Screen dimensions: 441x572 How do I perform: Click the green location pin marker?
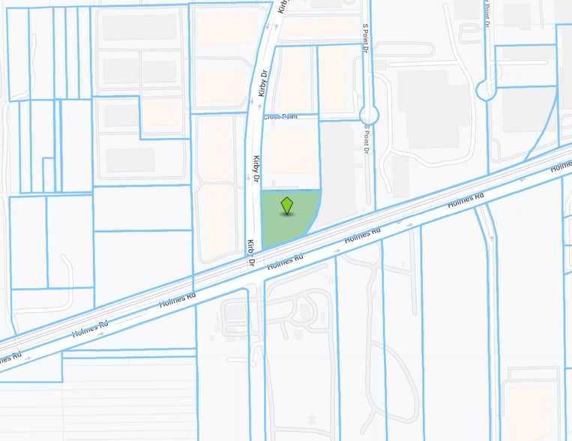click(287, 205)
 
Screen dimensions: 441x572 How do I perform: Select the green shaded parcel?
click(282, 225)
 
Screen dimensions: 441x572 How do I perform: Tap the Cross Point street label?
click(280, 116)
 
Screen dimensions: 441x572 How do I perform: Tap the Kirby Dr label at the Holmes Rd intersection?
click(252, 254)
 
